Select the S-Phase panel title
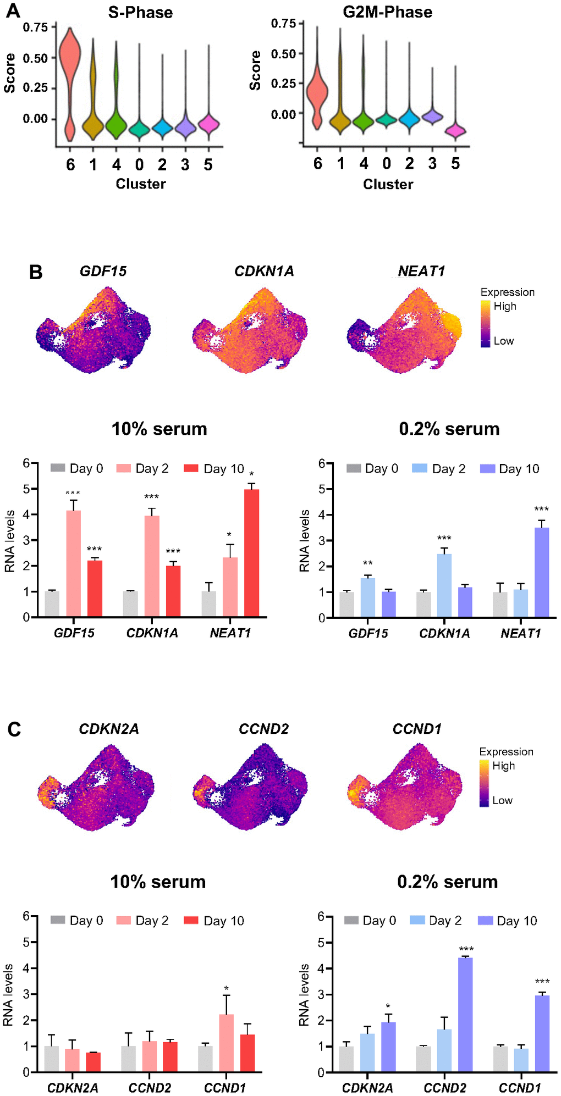[140, 13]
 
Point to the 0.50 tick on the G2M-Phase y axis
[283, 54]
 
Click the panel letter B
[36, 272]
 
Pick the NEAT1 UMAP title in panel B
[421, 271]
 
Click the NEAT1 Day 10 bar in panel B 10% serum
[251, 553]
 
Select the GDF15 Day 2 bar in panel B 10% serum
[74, 563]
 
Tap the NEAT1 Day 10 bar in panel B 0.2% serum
[542, 572]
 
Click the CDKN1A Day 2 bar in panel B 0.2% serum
[444, 585]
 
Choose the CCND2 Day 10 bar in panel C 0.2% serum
[465, 1014]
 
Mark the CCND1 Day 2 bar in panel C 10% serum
[226, 1043]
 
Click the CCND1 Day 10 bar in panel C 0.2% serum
[542, 1033]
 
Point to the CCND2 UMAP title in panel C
[263, 729]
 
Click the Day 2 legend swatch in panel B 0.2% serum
[420, 468]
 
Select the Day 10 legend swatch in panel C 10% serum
[191, 920]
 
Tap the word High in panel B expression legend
[505, 306]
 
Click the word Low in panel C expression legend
[502, 800]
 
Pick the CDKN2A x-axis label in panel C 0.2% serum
[367, 1088]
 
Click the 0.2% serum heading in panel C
[447, 882]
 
